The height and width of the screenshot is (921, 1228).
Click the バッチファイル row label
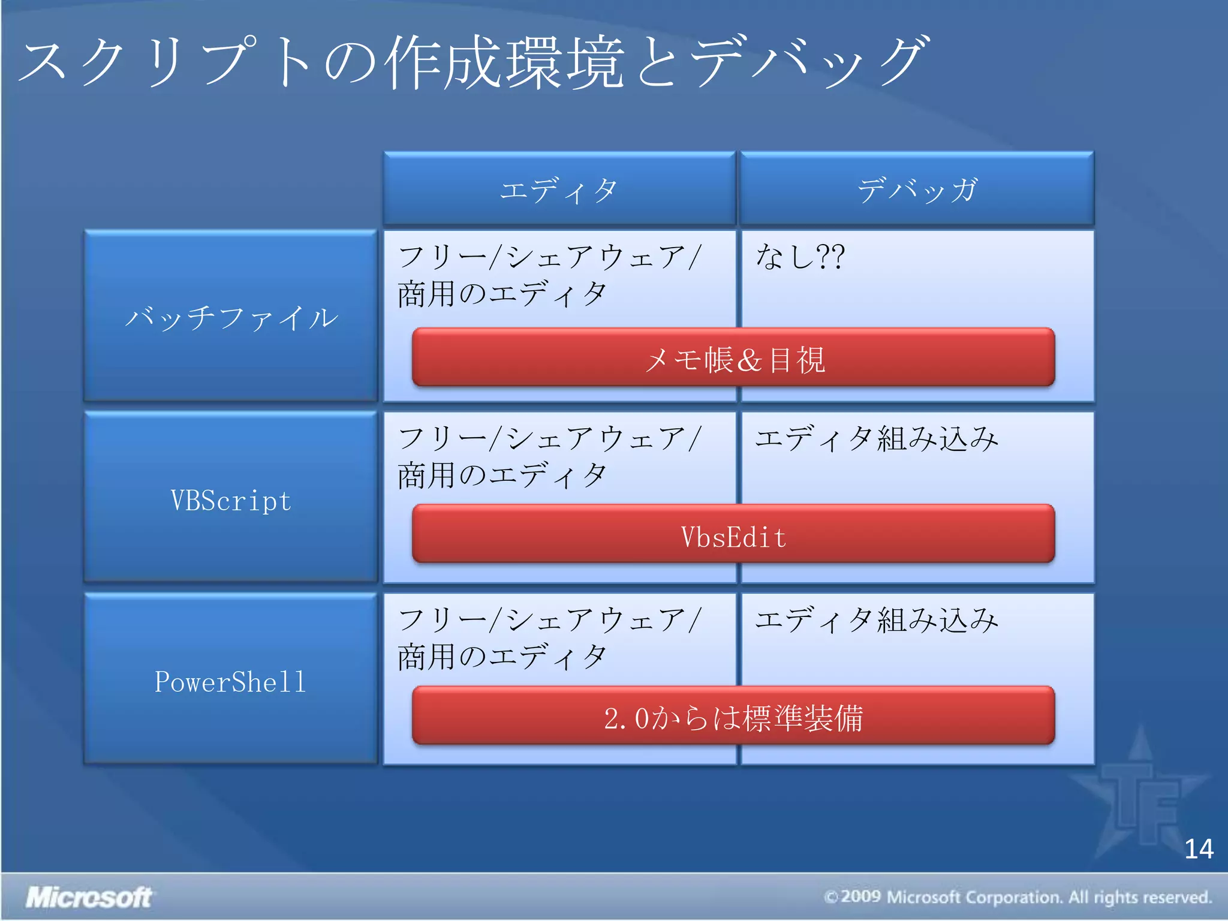231,317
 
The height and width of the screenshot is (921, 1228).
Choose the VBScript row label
231,500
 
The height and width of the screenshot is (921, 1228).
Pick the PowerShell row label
231,681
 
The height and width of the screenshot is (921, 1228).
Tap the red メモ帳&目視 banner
733,359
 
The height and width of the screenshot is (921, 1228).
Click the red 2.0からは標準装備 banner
733,717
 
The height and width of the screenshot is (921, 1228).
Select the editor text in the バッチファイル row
549,276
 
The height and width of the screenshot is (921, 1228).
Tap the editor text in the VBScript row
549,457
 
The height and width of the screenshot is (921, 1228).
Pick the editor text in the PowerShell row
549,638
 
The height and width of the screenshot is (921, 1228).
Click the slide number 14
1199,849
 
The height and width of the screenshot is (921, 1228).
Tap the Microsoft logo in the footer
89,897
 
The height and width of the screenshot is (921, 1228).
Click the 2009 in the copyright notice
861,897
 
